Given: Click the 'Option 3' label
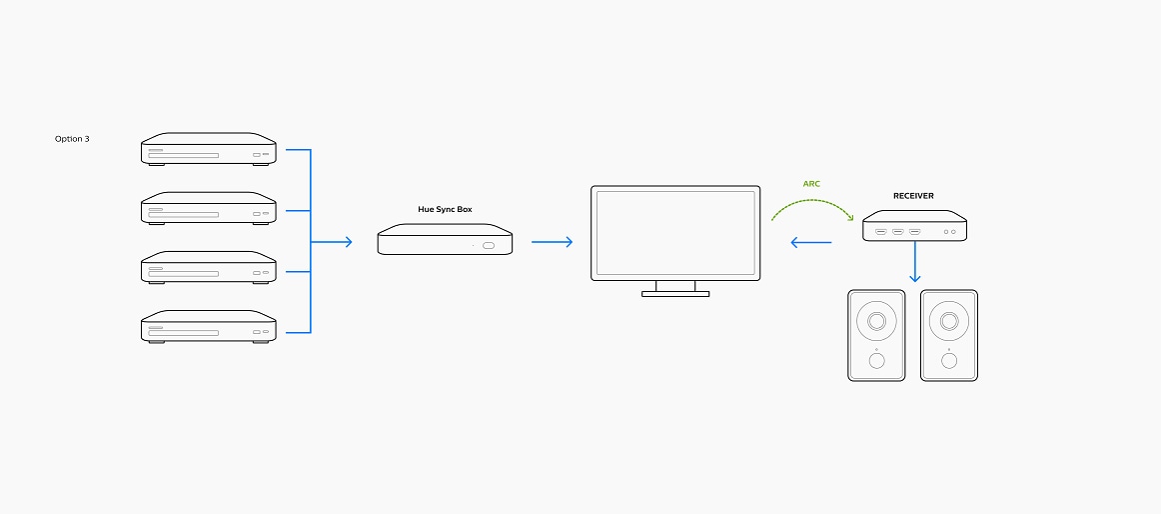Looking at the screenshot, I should coord(72,139).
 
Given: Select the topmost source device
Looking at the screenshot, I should coord(208,150).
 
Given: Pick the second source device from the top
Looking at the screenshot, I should coord(208,209).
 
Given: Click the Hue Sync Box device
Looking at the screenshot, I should coord(445,241).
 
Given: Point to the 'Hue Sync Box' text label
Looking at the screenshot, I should coord(445,209).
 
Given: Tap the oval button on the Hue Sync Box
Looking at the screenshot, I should coord(489,246).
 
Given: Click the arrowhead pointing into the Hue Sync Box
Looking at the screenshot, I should coord(347,241).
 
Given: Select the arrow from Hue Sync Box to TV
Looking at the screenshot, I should coord(552,241).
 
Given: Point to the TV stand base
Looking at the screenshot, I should coord(675,294).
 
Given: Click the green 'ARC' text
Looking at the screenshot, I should coord(811,184).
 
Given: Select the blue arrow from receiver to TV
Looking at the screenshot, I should coord(810,242).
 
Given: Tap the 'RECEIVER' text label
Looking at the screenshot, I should coord(913,196).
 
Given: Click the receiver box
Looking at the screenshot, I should coord(915,226).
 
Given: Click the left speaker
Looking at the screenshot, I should coord(876,335).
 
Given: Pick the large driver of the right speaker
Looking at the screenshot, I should coord(949,321).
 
